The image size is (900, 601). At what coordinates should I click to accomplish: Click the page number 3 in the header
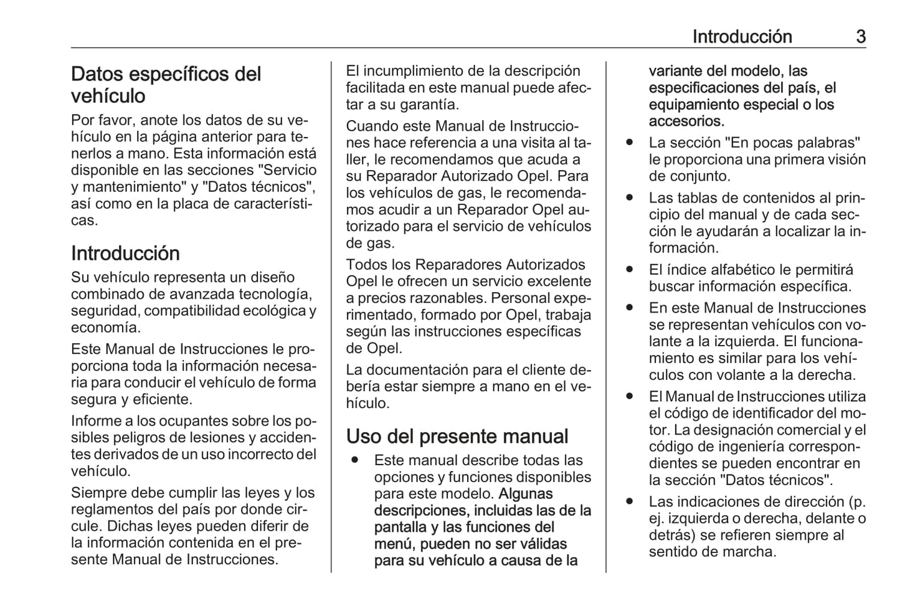click(860, 37)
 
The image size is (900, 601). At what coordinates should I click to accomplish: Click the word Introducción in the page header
click(742, 37)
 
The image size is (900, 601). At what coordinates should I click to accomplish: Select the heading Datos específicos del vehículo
click(166, 85)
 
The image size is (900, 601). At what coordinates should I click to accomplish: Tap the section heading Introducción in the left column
click(125, 253)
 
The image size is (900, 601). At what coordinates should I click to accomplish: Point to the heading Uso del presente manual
click(457, 437)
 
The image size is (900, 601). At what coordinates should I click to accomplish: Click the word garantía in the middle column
click(429, 105)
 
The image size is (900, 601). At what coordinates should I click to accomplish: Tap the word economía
click(105, 328)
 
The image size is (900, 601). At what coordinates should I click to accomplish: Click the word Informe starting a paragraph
click(97, 421)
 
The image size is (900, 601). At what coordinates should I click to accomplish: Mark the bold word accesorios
click(686, 121)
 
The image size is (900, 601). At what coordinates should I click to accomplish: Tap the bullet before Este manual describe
click(355, 461)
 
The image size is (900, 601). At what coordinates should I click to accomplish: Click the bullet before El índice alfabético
click(630, 270)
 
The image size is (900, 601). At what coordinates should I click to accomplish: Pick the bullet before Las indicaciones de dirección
click(630, 502)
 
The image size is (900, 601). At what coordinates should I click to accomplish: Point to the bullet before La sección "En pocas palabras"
click(630, 143)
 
